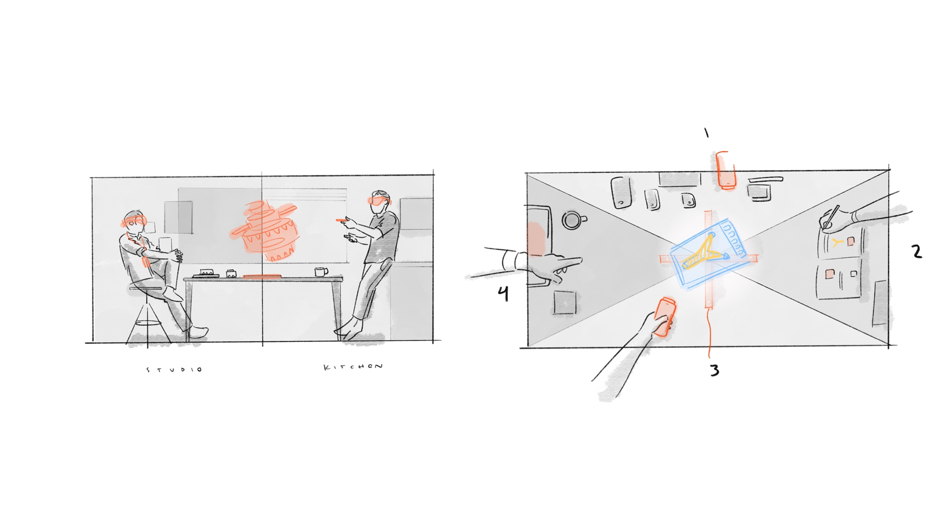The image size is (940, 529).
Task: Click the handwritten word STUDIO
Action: (x=174, y=369)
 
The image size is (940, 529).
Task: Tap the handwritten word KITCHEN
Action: (x=353, y=367)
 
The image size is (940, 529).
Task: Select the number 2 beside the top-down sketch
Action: (x=917, y=251)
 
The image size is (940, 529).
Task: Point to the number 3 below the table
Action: (x=715, y=370)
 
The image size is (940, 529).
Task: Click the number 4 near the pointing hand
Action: (x=503, y=293)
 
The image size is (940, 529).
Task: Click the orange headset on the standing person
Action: (x=378, y=200)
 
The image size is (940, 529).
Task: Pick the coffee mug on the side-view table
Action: (x=321, y=271)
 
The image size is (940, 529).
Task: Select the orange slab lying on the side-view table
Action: (x=262, y=277)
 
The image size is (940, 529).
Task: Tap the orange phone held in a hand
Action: (x=665, y=316)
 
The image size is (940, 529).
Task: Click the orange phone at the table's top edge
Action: (x=726, y=170)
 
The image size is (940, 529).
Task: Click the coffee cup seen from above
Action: (x=573, y=220)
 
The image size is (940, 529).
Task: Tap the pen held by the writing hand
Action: (x=831, y=217)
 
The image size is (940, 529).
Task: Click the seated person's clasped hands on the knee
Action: (x=175, y=256)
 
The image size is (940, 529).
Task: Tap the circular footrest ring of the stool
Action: (x=147, y=323)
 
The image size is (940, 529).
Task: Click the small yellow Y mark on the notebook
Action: (x=837, y=241)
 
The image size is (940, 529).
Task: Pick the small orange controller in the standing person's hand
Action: (x=341, y=220)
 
